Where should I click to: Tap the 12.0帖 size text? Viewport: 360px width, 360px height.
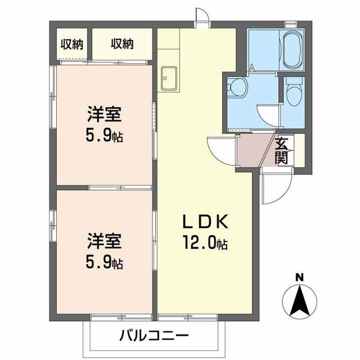click(x=204, y=244)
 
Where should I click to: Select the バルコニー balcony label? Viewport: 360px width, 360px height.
click(x=153, y=336)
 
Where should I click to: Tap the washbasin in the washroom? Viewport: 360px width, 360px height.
click(x=237, y=88)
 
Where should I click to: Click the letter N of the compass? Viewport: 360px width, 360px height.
click(x=300, y=276)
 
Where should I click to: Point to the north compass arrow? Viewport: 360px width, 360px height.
click(x=300, y=301)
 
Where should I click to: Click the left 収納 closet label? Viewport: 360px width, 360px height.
click(x=73, y=44)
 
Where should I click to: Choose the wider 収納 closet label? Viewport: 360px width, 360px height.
click(x=121, y=44)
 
